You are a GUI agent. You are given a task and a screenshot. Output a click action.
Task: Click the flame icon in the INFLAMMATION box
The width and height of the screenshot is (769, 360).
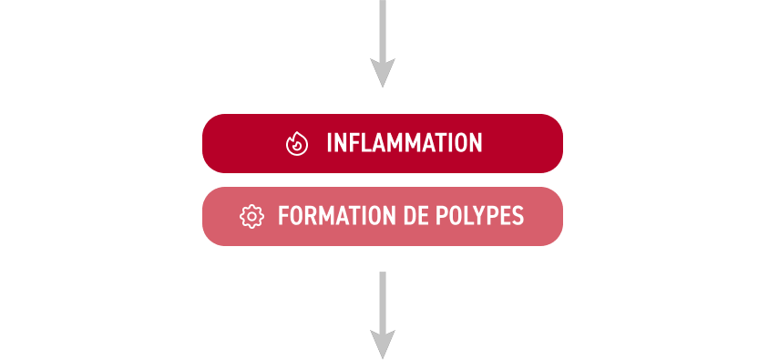pos(297,144)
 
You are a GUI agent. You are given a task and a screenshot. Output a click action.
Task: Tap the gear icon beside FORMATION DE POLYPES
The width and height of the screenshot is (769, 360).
pos(251,216)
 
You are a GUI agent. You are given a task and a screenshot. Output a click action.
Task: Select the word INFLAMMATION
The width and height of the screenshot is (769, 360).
pos(405,143)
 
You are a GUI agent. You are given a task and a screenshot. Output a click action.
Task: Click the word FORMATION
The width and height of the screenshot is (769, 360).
pos(337,216)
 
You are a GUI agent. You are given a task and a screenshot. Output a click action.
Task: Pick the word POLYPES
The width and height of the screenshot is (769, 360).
pos(482,216)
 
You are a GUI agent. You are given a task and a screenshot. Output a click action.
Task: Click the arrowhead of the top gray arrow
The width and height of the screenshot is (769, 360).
pos(383,73)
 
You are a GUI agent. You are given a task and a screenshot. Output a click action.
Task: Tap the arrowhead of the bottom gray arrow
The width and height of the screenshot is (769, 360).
pos(383,345)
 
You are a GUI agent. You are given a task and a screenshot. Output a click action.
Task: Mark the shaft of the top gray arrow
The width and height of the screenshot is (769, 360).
pos(383,30)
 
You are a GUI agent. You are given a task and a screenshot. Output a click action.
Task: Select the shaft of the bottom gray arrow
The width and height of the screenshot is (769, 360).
pos(383,302)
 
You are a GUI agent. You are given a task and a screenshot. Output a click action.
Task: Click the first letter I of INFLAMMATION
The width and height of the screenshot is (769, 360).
pos(330,143)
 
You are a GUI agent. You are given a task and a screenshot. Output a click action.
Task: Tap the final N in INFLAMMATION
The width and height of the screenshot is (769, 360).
pos(476,143)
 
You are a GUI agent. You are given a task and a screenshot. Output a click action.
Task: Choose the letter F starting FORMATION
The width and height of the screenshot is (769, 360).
pos(284,216)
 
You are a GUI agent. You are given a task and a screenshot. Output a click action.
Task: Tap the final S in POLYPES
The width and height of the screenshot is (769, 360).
pos(518,216)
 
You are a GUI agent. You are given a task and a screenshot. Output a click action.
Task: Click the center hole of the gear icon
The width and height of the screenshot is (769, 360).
pos(251,216)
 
